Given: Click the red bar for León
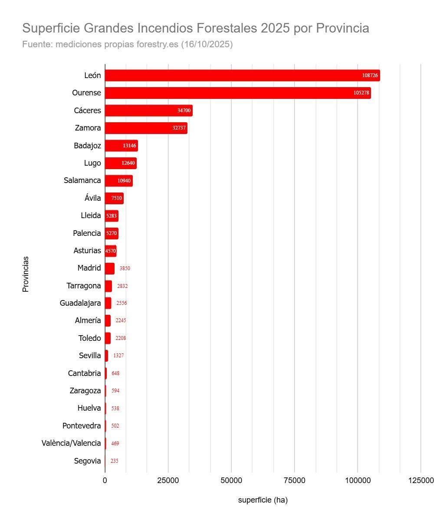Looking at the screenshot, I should pyautogui.click(x=234, y=75).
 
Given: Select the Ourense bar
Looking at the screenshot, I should pyautogui.click(x=230, y=93).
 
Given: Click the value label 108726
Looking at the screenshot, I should pyautogui.click(x=370, y=75).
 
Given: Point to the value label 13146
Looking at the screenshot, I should pyautogui.click(x=129, y=146).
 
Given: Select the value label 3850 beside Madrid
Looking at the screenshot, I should pyautogui.click(x=125, y=268).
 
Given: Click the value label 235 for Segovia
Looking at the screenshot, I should pyautogui.click(x=114, y=461).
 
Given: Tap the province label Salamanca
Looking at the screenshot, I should pyautogui.click(x=82, y=180).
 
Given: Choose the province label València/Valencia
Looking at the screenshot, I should pyautogui.click(x=71, y=443).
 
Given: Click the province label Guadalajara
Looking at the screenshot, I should pyautogui.click(x=80, y=303).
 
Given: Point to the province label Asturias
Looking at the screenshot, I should pyautogui.click(x=87, y=251).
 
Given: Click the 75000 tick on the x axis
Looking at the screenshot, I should pyautogui.click(x=294, y=480).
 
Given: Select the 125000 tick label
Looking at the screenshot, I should pyautogui.click(x=421, y=480).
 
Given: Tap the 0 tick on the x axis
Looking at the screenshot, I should pyautogui.click(x=105, y=480).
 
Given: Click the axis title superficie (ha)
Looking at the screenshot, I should pyautogui.click(x=263, y=500).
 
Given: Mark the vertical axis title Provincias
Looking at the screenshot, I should pyautogui.click(x=26, y=274).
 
